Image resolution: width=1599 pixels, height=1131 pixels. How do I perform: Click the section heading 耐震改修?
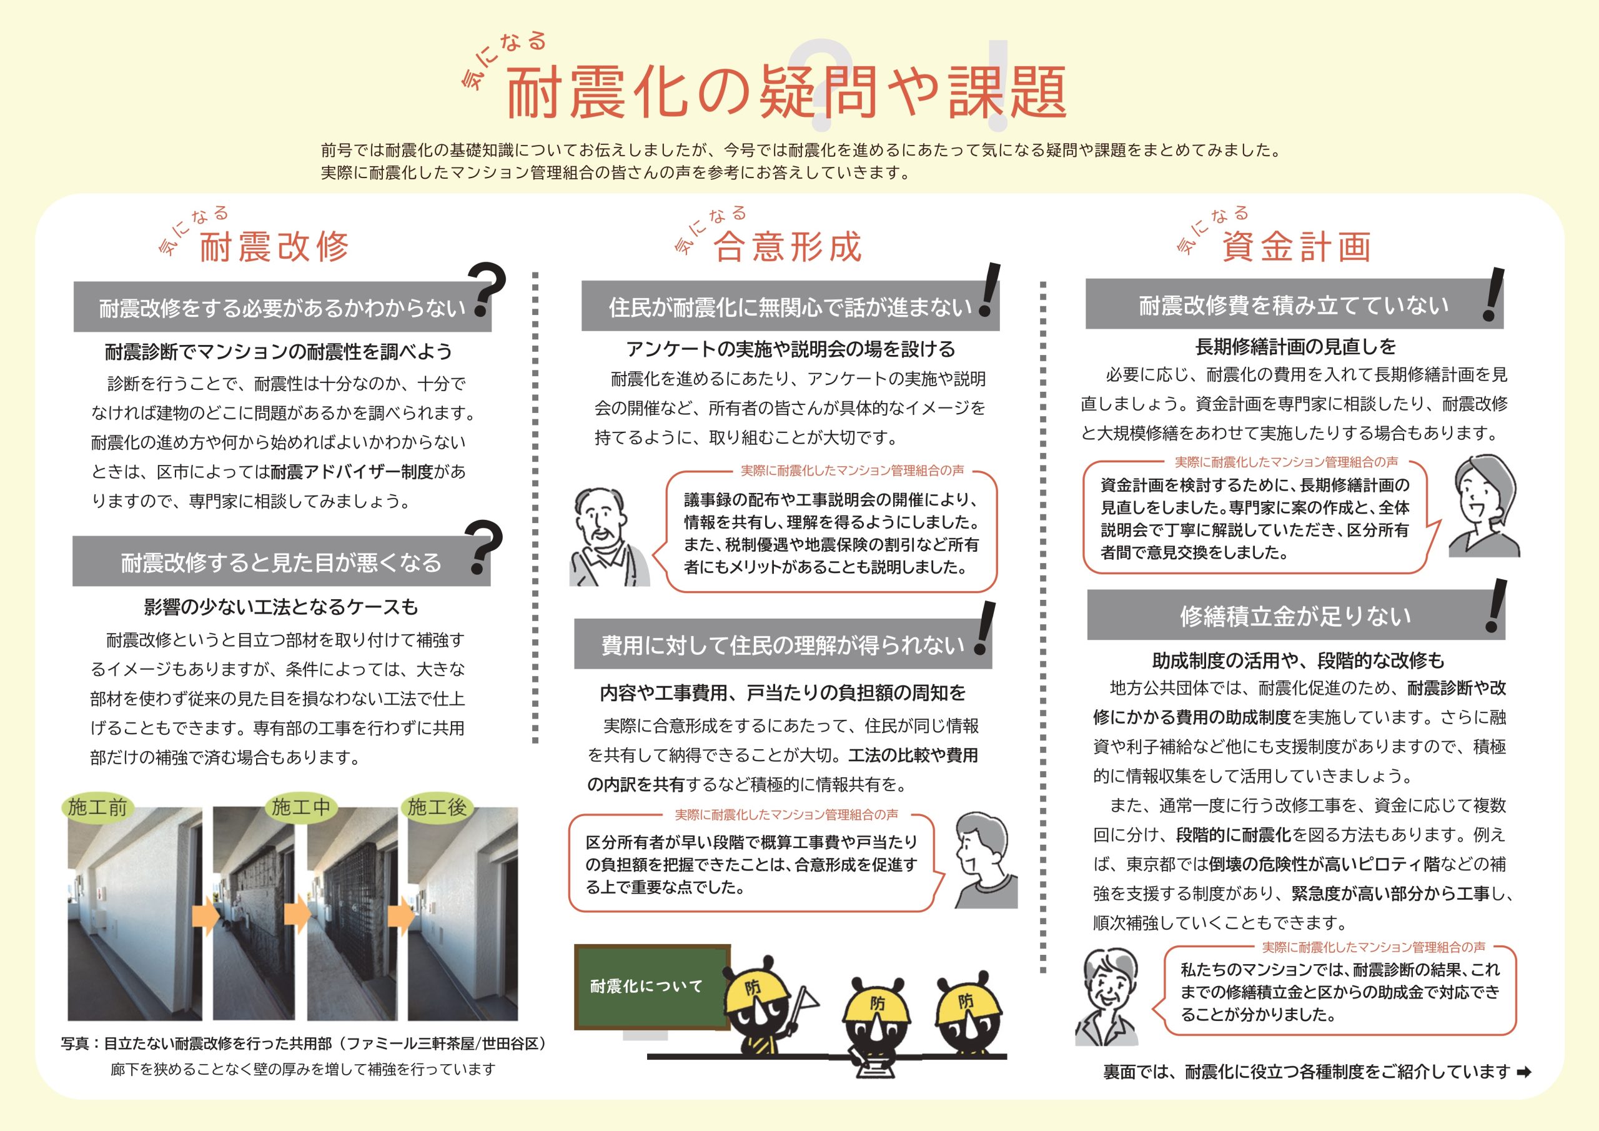point(274,247)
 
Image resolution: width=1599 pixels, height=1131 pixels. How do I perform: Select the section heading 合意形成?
point(788,247)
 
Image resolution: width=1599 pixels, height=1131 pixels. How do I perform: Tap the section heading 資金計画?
point(1297,247)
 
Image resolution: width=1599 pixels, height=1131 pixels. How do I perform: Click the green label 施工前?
point(97,807)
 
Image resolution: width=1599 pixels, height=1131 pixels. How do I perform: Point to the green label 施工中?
point(301,807)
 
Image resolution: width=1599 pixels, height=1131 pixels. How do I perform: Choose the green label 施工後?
point(437,807)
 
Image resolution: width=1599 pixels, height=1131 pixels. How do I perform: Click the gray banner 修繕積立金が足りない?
point(1295,616)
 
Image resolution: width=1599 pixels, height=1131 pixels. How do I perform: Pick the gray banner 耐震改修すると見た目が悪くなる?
point(280,562)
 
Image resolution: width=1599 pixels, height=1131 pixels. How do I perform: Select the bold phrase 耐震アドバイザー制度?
point(352,472)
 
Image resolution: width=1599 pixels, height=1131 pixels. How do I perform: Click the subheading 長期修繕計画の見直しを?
point(1295,346)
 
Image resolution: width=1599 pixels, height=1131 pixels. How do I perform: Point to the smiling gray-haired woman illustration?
point(1109,995)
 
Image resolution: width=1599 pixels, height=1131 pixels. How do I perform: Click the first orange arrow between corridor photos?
point(206,917)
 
